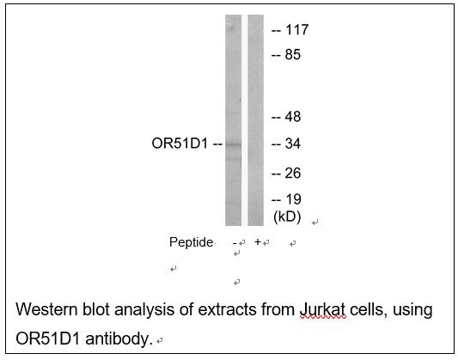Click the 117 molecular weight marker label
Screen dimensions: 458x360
tap(296, 30)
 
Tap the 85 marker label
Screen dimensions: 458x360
tap(293, 55)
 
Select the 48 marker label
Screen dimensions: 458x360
tap(293, 117)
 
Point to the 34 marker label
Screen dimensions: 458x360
tap(293, 143)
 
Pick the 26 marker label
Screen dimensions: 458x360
tap(293, 174)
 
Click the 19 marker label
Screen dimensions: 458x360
tap(293, 199)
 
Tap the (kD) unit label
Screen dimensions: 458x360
tap(287, 217)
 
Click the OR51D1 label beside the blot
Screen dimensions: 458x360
tap(180, 143)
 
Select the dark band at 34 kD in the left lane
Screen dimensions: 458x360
tap(234, 144)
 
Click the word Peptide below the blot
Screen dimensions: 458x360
tap(192, 242)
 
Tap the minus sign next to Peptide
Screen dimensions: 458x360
tap(235, 243)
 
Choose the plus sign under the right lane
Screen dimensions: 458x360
tap(257, 241)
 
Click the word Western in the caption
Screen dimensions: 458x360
tap(46, 309)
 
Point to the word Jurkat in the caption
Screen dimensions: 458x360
tap(322, 310)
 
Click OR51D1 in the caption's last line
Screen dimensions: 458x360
tap(47, 339)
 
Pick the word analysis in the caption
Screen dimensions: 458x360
tap(145, 311)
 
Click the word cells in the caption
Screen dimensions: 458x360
tap(367, 309)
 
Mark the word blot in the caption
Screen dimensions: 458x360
tap(96, 309)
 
